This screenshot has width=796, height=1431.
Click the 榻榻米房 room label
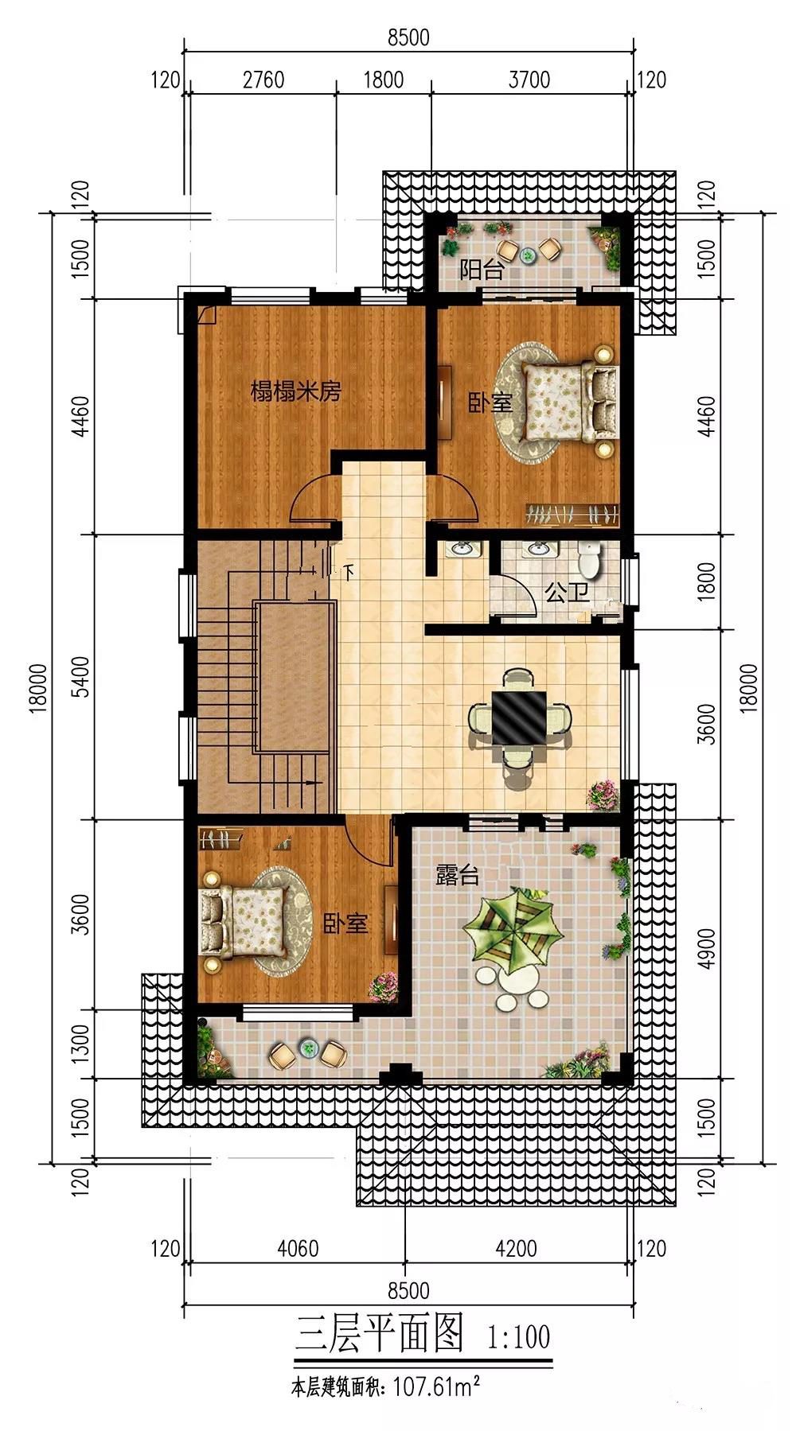[295, 391]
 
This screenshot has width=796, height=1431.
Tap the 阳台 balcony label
[482, 270]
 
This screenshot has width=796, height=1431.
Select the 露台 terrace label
[458, 876]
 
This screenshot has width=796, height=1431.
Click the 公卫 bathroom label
[567, 593]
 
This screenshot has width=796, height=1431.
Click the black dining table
[519, 717]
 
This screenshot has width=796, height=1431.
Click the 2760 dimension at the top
[263, 80]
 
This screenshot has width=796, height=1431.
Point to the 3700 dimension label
[529, 80]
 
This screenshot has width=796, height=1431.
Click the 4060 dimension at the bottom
[298, 1248]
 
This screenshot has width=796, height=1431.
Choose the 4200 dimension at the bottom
[516, 1248]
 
